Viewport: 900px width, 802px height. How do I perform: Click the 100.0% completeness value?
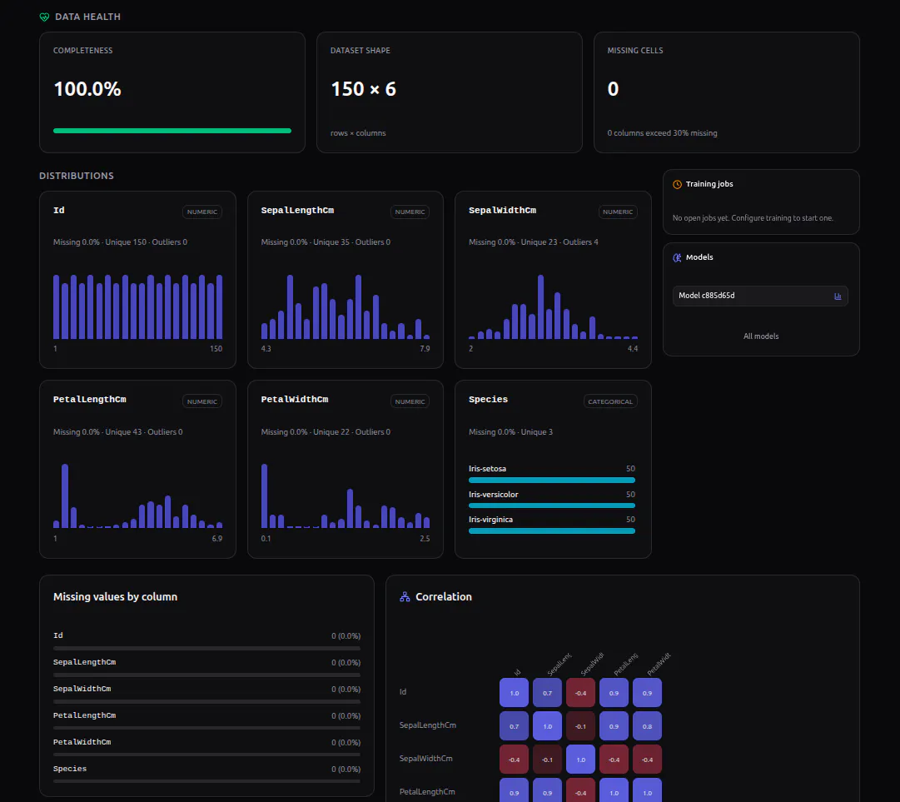pyautogui.click(x=87, y=89)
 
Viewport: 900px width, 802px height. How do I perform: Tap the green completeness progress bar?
pyautogui.click(x=172, y=131)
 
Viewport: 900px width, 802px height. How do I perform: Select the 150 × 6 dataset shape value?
pyautogui.click(x=363, y=89)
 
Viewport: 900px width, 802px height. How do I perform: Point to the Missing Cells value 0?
pyautogui.click(x=613, y=89)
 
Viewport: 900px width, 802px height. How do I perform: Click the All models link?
pyautogui.click(x=761, y=336)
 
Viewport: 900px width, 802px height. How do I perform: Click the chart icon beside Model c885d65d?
pyautogui.click(x=838, y=296)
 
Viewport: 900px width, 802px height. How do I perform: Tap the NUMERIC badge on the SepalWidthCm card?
pyautogui.click(x=618, y=212)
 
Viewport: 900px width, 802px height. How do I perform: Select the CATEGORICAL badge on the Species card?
pyautogui.click(x=610, y=401)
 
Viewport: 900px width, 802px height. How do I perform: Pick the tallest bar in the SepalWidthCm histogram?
pyautogui.click(x=540, y=306)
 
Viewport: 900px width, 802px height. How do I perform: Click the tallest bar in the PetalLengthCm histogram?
pyautogui.click(x=65, y=496)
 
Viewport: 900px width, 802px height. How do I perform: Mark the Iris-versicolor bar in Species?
pyautogui.click(x=552, y=506)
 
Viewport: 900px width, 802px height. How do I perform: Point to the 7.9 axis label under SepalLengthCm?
pyautogui.click(x=425, y=348)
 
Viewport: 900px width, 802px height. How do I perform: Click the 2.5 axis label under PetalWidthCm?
pyautogui.click(x=425, y=539)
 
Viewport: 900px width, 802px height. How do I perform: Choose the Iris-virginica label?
pyautogui.click(x=490, y=520)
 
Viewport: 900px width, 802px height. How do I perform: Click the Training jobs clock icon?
pyautogui.click(x=678, y=184)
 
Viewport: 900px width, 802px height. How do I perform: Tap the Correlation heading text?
pyautogui.click(x=444, y=597)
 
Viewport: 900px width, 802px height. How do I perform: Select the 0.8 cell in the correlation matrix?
pyautogui.click(x=647, y=726)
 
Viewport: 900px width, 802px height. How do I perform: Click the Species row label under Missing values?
pyautogui.click(x=70, y=769)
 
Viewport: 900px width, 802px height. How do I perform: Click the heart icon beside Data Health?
pyautogui.click(x=44, y=17)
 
